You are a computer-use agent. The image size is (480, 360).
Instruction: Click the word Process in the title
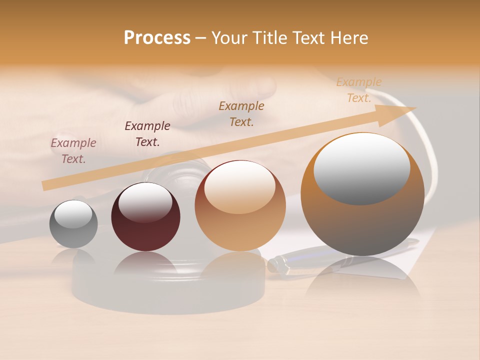(157, 38)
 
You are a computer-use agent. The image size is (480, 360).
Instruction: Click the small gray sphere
(73, 224)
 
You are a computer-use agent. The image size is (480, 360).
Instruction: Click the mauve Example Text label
(73, 151)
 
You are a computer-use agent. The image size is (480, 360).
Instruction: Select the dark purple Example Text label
(147, 134)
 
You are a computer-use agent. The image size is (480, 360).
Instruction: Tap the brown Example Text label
(241, 114)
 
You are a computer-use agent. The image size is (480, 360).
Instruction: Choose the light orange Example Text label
(359, 90)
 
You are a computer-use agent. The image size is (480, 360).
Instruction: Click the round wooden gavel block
(167, 290)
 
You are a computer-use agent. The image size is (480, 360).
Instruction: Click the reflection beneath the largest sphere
(362, 280)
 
